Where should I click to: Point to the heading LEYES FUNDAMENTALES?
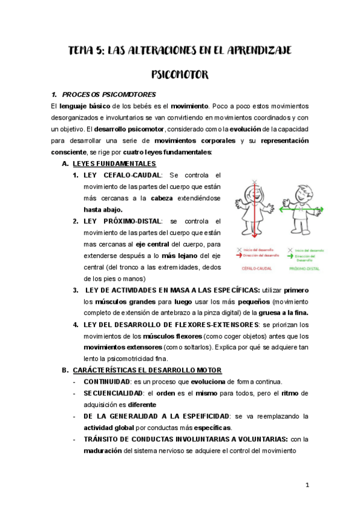114,164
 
